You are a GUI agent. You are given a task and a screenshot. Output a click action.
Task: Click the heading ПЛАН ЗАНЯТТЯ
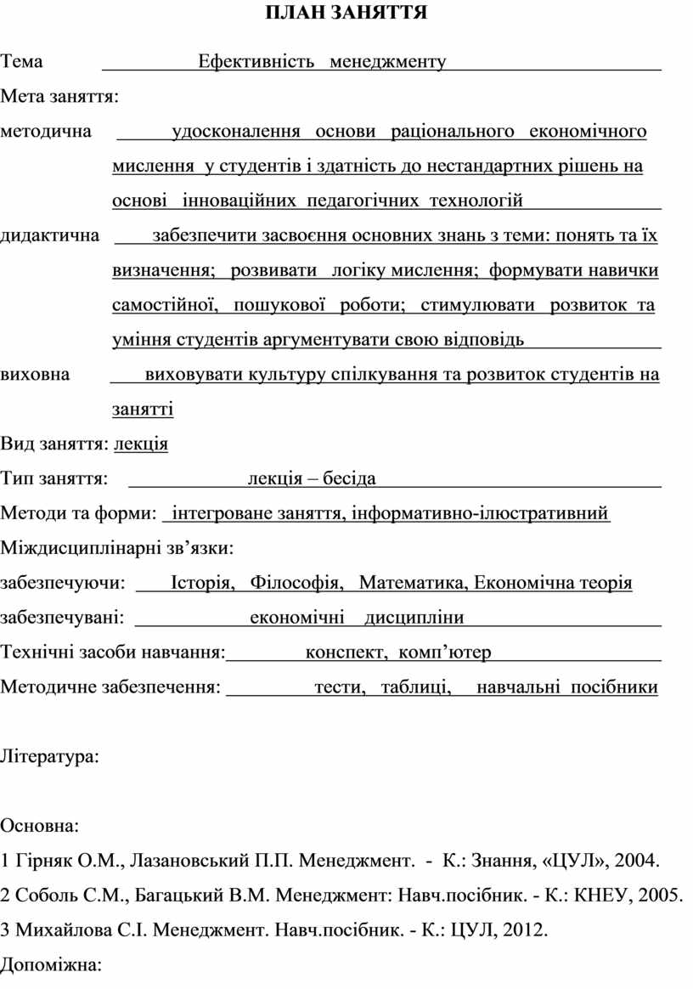click(346, 14)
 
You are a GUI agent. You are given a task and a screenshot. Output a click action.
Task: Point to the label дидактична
click(49, 235)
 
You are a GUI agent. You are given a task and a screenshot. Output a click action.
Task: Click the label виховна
click(36, 374)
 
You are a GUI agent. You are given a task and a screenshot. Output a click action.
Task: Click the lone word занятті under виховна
click(143, 410)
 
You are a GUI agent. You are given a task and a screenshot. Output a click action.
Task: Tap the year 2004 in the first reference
click(636, 861)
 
